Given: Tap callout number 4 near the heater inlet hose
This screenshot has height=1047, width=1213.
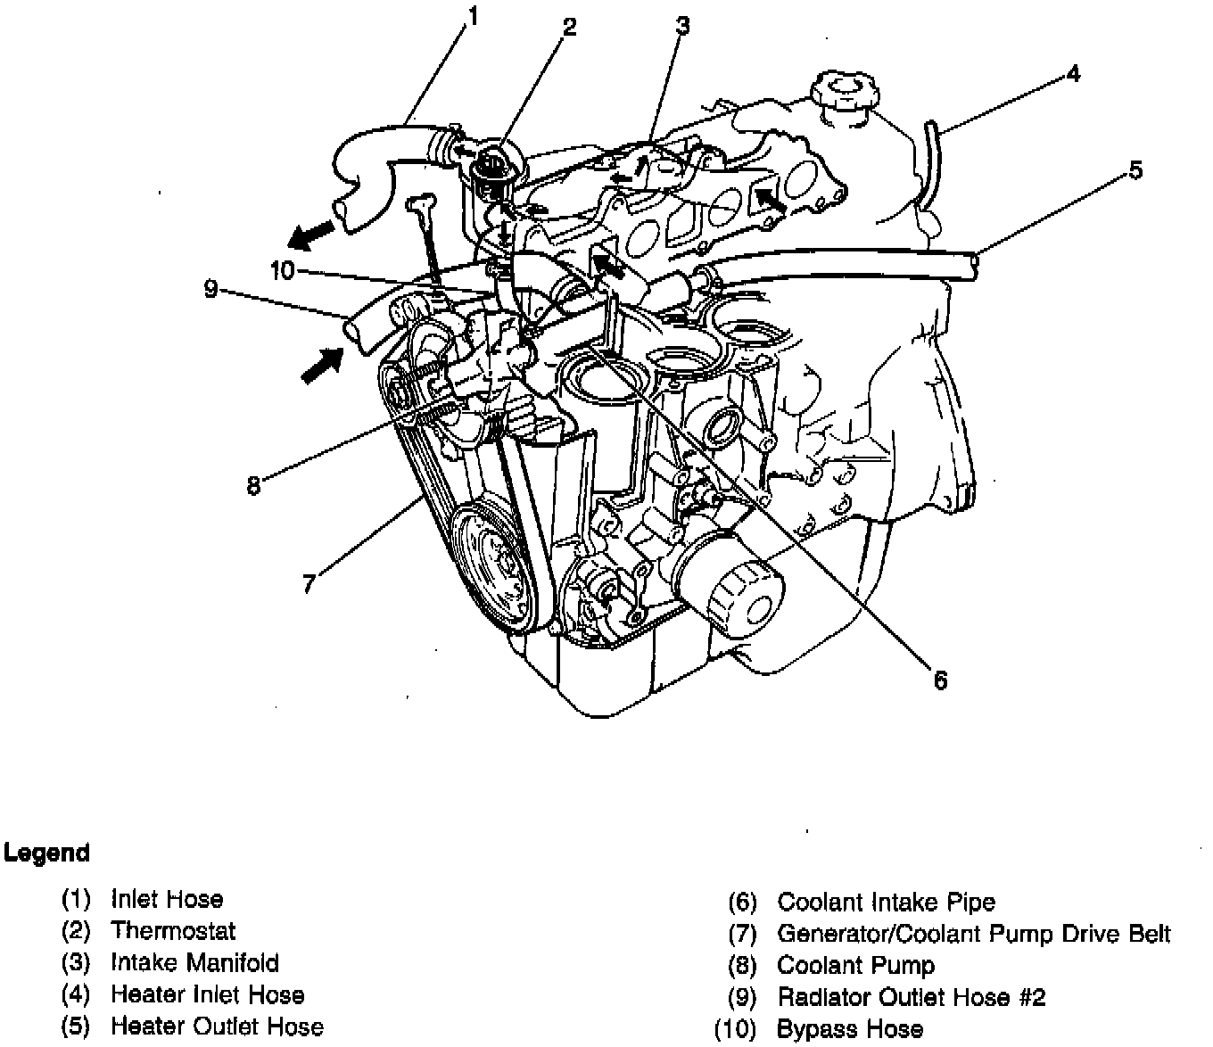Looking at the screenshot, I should (x=1073, y=75).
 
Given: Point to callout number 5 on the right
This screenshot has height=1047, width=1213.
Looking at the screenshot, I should (x=1135, y=169).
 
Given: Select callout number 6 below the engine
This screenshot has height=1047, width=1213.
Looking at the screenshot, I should (x=939, y=680).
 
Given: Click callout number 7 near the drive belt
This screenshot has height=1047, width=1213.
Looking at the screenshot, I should (x=309, y=584).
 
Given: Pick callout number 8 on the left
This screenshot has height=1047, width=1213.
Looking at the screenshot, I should (x=254, y=487).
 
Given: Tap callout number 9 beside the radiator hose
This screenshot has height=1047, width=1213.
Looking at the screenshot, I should (x=210, y=289).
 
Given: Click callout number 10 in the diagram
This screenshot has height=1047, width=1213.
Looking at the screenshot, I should (x=282, y=270).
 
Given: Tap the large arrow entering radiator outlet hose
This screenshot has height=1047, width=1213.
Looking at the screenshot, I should (x=321, y=364).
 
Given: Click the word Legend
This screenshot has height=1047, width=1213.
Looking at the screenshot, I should (x=46, y=853).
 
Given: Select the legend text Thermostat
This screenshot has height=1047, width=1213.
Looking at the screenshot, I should (x=173, y=931).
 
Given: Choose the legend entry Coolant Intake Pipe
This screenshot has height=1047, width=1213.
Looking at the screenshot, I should (x=886, y=903).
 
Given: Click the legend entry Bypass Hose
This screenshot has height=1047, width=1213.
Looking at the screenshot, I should (x=850, y=1029).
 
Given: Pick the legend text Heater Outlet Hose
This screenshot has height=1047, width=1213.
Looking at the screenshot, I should (x=217, y=1026).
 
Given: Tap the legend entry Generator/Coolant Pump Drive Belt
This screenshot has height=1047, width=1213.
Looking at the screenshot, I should (x=973, y=934).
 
